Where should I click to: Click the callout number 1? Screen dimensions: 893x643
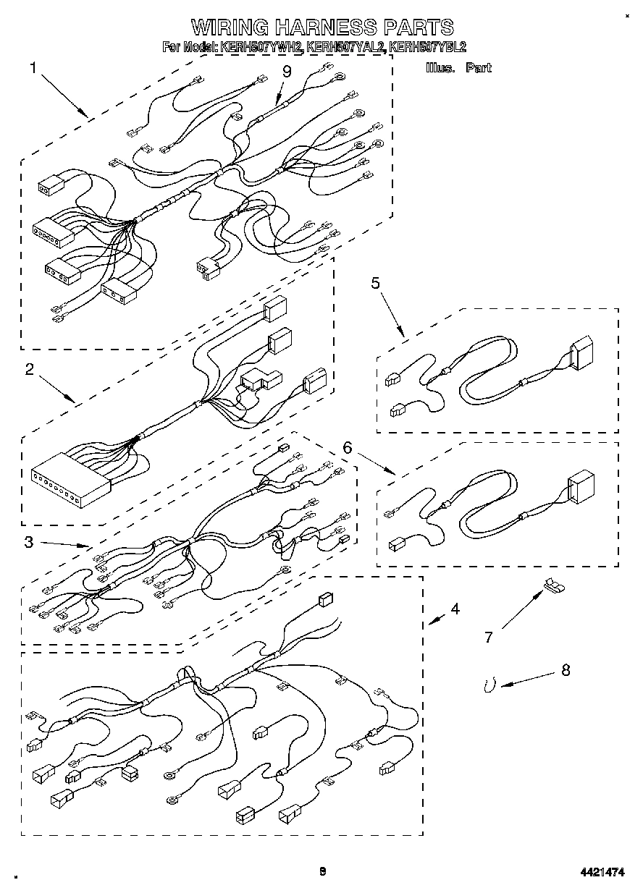pyautogui.click(x=33, y=68)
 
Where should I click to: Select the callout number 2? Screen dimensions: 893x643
pyautogui.click(x=29, y=370)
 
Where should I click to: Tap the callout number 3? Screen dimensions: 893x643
pyautogui.click(x=28, y=542)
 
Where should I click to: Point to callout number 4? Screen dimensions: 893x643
pyautogui.click(x=454, y=609)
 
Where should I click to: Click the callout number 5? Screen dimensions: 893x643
pyautogui.click(x=376, y=283)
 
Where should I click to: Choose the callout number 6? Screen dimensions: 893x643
pyautogui.click(x=348, y=448)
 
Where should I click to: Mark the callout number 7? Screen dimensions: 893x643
pyautogui.click(x=489, y=637)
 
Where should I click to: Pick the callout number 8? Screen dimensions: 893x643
pyautogui.click(x=565, y=670)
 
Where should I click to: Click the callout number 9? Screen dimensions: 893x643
pyautogui.click(x=287, y=71)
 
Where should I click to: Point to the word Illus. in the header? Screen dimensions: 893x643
pyautogui.click(x=440, y=68)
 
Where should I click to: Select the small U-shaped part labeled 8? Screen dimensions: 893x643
pyautogui.click(x=490, y=684)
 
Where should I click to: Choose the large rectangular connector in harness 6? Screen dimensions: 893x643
pyautogui.click(x=580, y=487)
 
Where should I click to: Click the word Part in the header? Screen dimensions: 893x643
pyautogui.click(x=479, y=68)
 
